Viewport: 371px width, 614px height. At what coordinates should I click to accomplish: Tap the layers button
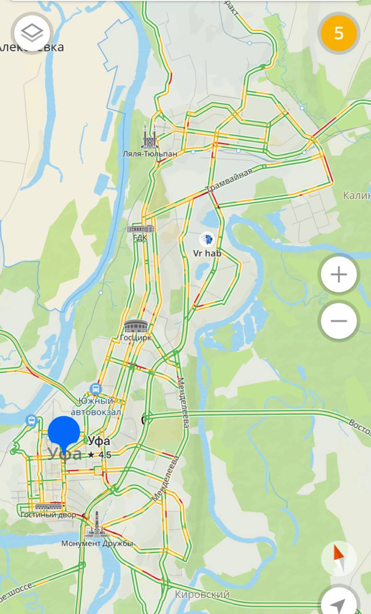coord(33,33)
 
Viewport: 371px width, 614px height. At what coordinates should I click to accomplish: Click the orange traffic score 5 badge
coord(339,33)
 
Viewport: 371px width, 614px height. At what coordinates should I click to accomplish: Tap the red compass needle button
coord(339,558)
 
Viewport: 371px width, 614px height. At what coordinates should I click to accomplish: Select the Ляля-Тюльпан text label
coord(150,154)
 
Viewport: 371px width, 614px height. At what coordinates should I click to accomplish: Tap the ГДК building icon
coord(141,228)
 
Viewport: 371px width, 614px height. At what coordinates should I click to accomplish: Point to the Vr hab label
coord(207,253)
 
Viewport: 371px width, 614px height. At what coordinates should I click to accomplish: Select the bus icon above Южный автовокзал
coord(96,389)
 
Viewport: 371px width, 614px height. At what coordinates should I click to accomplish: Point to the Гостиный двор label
coord(48,515)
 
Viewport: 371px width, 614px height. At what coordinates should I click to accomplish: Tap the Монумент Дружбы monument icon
coord(96,525)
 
